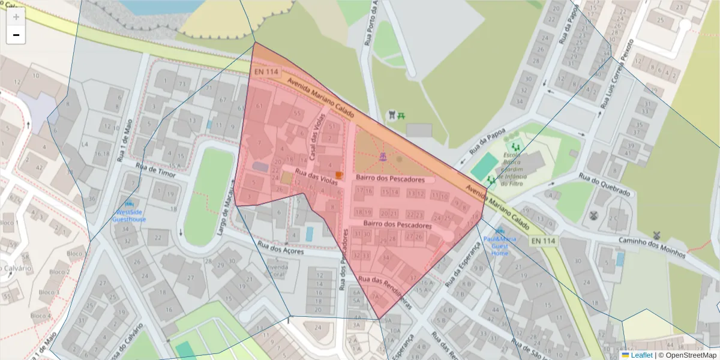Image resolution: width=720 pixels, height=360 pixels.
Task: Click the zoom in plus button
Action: pos(16,17)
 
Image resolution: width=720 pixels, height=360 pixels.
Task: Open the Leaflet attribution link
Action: pos(641,355)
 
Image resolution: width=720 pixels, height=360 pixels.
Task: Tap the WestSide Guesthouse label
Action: pos(130,215)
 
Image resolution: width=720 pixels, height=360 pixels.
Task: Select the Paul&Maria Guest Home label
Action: pos(500,245)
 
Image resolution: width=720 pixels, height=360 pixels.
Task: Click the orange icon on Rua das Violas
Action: pos(339,175)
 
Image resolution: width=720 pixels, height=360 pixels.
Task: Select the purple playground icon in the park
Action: pos(382,157)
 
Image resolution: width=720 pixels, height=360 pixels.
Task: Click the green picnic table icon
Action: pos(402,114)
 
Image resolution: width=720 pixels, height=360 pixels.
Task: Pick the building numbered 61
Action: pos(259,106)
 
